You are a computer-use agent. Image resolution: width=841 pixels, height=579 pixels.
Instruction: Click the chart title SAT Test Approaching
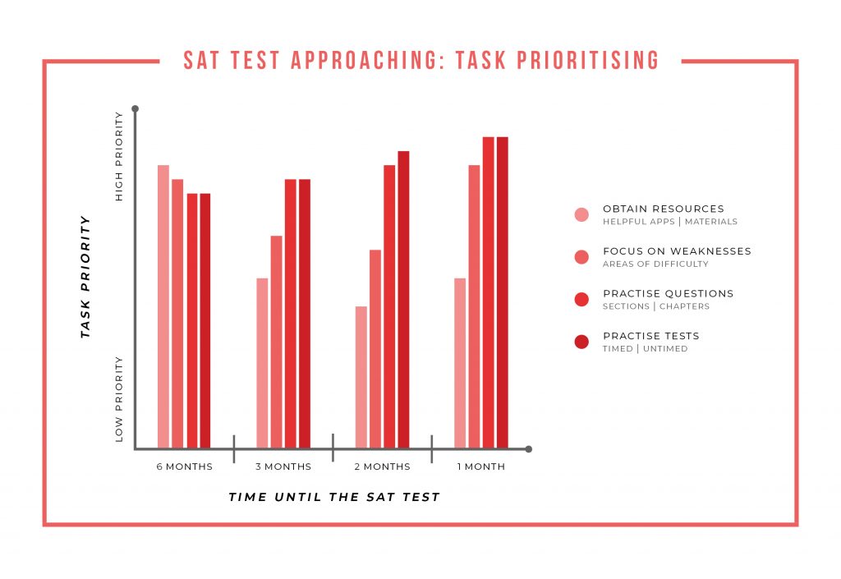click(420, 60)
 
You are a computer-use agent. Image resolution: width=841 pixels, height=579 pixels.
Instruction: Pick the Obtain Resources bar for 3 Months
click(262, 363)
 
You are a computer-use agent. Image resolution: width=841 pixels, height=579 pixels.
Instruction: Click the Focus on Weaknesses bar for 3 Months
click(277, 342)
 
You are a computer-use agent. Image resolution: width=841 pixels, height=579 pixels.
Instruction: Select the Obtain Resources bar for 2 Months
click(361, 377)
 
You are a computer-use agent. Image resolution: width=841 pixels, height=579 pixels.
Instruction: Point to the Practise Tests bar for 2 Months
click(403, 300)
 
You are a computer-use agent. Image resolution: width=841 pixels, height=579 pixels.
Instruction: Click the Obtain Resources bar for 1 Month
click(459, 363)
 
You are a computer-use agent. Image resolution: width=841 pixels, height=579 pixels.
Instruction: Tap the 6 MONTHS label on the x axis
click(185, 466)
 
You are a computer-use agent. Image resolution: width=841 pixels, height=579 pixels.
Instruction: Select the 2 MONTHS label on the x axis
click(382, 466)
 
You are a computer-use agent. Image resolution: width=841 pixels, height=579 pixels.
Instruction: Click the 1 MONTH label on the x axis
click(480, 466)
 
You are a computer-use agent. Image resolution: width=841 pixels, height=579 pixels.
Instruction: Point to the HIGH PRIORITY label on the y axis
click(120, 175)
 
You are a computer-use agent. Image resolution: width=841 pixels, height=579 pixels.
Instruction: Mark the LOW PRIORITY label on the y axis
click(120, 399)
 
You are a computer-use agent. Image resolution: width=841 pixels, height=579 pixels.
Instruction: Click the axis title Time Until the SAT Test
click(334, 497)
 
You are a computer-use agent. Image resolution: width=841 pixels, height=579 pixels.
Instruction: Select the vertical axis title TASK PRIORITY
click(85, 278)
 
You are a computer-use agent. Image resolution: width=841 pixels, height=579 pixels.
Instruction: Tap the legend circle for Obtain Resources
click(581, 214)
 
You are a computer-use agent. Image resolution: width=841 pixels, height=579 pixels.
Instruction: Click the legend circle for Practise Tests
click(581, 342)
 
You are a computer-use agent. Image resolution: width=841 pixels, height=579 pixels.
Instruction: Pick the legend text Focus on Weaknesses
click(677, 251)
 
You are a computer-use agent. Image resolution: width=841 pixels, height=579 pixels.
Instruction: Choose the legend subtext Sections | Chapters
click(655, 306)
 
